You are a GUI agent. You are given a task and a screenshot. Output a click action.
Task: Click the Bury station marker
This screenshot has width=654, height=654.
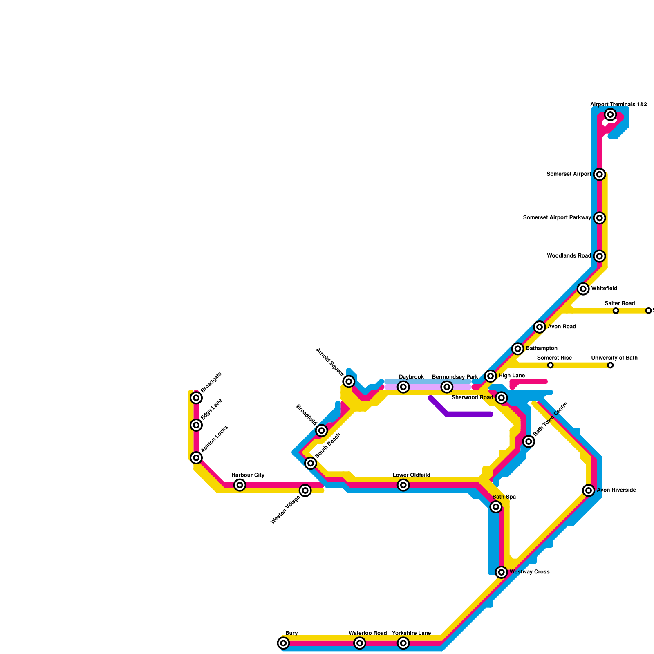pyautogui.click(x=283, y=643)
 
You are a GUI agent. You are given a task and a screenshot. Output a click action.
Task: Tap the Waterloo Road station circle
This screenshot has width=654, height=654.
pyautogui.click(x=360, y=643)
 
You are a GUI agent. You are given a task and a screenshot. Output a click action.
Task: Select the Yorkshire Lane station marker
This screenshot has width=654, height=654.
pyautogui.click(x=403, y=643)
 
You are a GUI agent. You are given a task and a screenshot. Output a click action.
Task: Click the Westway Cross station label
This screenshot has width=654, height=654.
pyautogui.click(x=529, y=572)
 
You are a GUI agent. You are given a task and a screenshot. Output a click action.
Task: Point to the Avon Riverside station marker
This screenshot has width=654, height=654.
pyautogui.click(x=589, y=490)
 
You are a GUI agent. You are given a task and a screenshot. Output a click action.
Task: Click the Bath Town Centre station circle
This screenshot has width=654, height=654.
pyautogui.click(x=529, y=441)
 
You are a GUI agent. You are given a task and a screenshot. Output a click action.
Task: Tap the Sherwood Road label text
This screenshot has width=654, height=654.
pyautogui.click(x=472, y=397)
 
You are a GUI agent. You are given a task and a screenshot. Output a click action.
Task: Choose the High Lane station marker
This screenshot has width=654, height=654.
pyautogui.click(x=491, y=376)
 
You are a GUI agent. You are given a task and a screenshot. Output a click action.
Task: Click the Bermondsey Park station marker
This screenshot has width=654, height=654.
pyautogui.click(x=447, y=387)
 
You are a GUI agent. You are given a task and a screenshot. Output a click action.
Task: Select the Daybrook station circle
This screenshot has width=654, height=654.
pyautogui.click(x=403, y=387)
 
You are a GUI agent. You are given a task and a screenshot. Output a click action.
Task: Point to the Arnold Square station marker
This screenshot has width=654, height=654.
pyautogui.click(x=349, y=381)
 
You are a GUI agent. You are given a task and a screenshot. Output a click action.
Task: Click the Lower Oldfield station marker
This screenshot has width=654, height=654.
pyautogui.click(x=403, y=485)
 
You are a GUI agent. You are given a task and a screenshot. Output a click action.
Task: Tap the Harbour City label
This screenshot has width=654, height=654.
pyautogui.click(x=248, y=475)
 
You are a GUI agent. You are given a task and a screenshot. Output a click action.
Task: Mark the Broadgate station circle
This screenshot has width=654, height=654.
pyautogui.click(x=197, y=397)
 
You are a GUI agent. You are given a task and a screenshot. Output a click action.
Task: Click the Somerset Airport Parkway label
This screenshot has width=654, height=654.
pyautogui.click(x=557, y=218)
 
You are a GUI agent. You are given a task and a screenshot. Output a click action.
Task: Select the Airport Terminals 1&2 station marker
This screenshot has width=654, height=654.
pyautogui.click(x=610, y=114)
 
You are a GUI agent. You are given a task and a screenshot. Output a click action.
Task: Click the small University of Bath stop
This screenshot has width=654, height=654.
pyautogui.click(x=610, y=365)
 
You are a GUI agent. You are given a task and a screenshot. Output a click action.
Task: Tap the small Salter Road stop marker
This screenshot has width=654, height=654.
pyautogui.click(x=616, y=311)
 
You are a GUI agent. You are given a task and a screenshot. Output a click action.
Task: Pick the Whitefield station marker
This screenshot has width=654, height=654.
pyautogui.click(x=583, y=289)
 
